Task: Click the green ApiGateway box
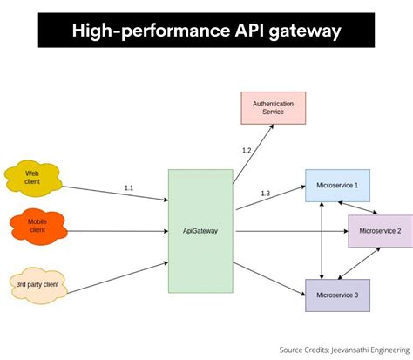pos(200,231)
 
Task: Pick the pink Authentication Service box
pos(273,107)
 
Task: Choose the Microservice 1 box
pos(337,186)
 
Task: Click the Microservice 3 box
pos(337,295)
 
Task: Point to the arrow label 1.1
pos(129,187)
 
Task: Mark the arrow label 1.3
pos(265,193)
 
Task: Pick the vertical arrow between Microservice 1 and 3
pos(322,241)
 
